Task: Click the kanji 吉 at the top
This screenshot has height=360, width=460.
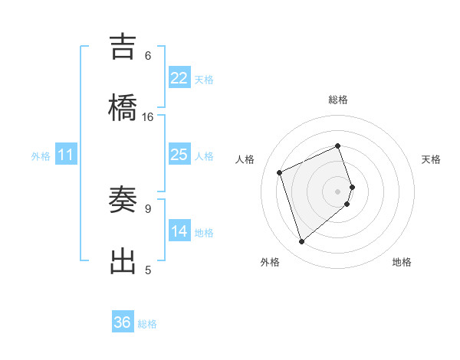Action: [x=123, y=48]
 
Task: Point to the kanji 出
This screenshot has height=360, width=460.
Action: [x=123, y=260]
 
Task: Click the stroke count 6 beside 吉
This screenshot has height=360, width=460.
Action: [x=148, y=56]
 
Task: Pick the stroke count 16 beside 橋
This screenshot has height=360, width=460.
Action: [x=148, y=116]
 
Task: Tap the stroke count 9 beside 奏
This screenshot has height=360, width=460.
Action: [x=148, y=208]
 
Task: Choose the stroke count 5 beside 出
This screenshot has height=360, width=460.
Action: [x=148, y=270]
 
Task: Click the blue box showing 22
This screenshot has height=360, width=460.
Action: [x=179, y=78]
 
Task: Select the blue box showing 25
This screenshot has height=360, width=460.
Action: [x=179, y=155]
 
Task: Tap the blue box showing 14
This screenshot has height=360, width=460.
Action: [x=179, y=231]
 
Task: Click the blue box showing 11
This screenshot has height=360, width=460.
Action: [x=66, y=155]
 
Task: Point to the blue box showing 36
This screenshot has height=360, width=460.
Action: [x=123, y=322]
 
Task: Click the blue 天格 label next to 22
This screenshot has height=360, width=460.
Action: [x=204, y=80]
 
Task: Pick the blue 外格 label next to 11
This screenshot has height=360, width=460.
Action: [x=41, y=156]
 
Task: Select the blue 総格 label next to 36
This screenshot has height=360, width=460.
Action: [x=147, y=324]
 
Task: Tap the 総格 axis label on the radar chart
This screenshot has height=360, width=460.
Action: [x=338, y=100]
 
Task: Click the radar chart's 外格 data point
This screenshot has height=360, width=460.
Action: [x=301, y=242]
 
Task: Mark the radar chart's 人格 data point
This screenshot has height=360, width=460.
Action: [x=280, y=172]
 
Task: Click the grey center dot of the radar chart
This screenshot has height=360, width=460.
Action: [x=338, y=191]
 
